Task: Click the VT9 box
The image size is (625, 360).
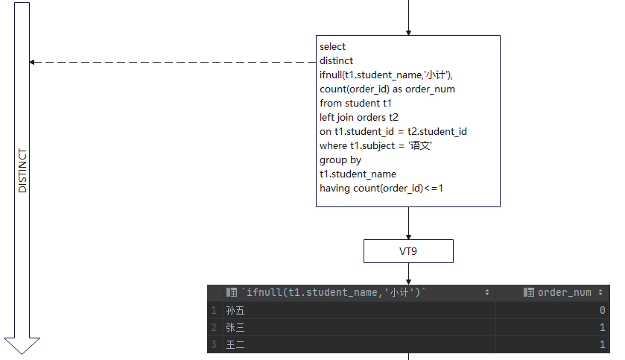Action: click(x=408, y=251)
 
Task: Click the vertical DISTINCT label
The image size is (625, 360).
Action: click(x=22, y=171)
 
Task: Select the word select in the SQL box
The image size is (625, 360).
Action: click(x=333, y=46)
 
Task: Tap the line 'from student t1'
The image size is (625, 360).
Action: click(x=355, y=103)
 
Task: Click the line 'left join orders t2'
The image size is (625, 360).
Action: click(x=359, y=117)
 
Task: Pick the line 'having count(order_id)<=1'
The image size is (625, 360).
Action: click(x=381, y=188)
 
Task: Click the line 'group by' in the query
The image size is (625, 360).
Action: click(x=340, y=160)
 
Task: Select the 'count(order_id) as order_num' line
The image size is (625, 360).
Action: click(x=387, y=89)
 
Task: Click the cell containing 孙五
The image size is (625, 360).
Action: click(x=235, y=310)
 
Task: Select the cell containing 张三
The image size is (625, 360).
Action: click(x=235, y=327)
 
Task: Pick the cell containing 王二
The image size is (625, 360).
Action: click(x=235, y=344)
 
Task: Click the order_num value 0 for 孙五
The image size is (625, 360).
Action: click(x=601, y=310)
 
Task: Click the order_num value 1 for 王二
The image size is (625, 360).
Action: click(x=601, y=344)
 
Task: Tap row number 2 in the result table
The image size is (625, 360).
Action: click(x=214, y=327)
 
